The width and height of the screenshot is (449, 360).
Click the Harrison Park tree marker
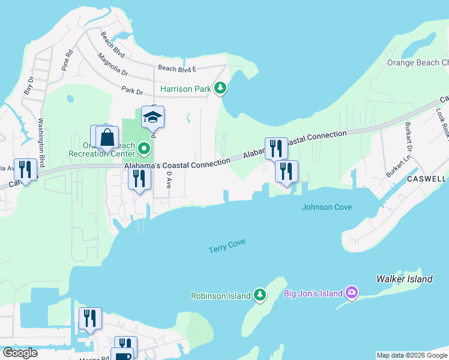coord(220,89)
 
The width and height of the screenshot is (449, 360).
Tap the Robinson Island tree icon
coord(259,295)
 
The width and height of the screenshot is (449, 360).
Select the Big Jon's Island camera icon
coord(352,293)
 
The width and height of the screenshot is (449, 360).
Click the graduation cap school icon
coord(153,118)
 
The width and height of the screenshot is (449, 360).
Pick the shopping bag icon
coord(107,137)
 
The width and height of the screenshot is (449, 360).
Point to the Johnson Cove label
coord(327,208)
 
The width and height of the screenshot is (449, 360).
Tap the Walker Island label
coord(404,279)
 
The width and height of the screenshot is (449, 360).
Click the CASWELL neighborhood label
coord(426,179)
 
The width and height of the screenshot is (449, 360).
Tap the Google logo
coord(20,353)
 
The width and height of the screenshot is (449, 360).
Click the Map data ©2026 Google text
coord(411,355)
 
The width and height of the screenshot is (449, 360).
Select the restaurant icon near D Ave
coord(139,179)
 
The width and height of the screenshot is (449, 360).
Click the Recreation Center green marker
coord(143,148)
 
